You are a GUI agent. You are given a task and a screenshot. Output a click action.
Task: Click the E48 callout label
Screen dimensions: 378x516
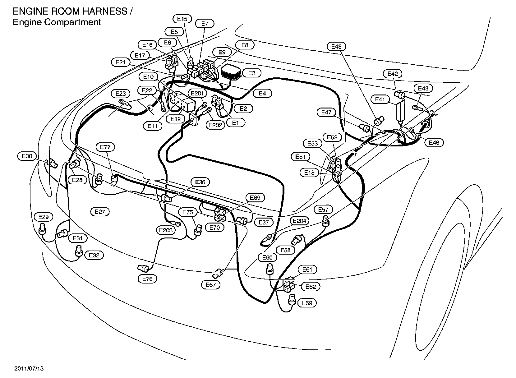336,47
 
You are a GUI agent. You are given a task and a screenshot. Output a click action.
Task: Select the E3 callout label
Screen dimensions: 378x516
252,73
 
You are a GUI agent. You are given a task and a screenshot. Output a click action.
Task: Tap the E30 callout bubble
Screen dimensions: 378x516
27,156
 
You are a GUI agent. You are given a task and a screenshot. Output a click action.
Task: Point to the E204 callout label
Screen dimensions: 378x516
300,221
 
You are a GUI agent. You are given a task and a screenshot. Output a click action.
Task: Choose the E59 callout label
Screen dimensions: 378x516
307,303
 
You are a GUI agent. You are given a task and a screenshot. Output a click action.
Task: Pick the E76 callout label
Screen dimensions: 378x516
147,279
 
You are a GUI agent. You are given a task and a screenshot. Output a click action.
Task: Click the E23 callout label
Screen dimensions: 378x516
120,93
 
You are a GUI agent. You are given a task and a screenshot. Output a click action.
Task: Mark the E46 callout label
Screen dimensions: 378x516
434,143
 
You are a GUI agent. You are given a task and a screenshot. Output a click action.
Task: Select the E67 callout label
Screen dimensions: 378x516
211,284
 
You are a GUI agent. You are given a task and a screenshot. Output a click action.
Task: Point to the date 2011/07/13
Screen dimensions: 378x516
29,369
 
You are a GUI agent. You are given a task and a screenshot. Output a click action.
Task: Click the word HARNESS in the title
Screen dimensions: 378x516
104,12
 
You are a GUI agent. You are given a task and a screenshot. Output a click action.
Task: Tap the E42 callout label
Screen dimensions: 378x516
393,74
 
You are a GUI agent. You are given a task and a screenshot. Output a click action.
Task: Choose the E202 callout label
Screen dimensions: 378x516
215,125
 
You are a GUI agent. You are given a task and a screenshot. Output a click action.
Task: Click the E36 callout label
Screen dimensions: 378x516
200,182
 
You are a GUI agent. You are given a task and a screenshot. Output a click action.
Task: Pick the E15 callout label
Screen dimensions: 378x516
182,19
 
